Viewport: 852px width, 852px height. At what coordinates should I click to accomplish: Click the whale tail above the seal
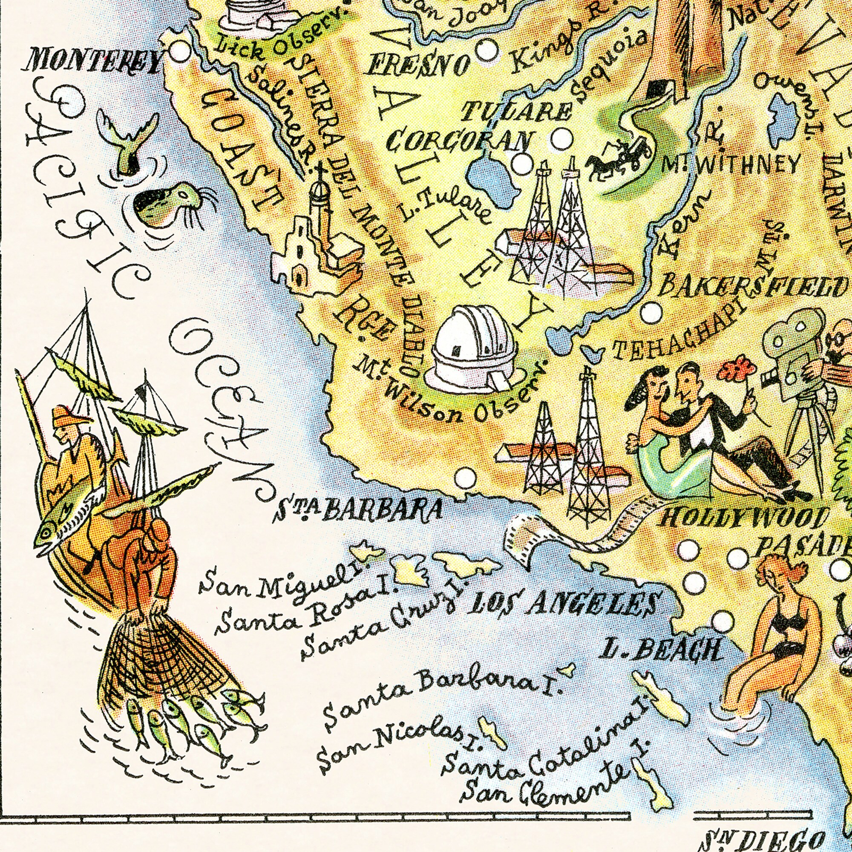pyautogui.click(x=128, y=141)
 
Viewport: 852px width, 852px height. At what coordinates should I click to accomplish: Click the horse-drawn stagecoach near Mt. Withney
pyautogui.click(x=619, y=156)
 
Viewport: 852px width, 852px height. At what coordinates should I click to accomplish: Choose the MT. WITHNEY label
pyautogui.click(x=730, y=165)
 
